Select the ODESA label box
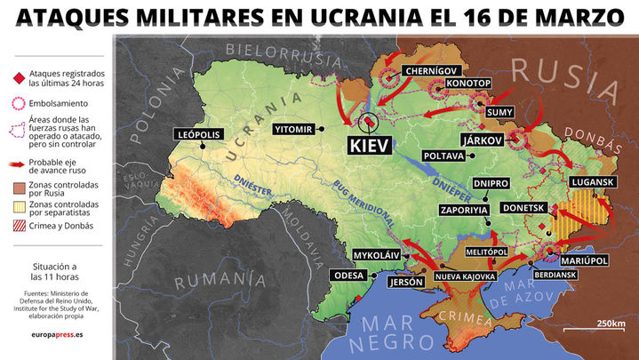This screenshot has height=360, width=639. tap(348, 276)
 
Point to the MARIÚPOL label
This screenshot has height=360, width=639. tap(584, 260)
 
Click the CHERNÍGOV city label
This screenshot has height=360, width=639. tap(431, 70)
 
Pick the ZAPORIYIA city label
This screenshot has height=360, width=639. tap(464, 210)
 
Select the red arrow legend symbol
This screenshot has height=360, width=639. tap(17, 164)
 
